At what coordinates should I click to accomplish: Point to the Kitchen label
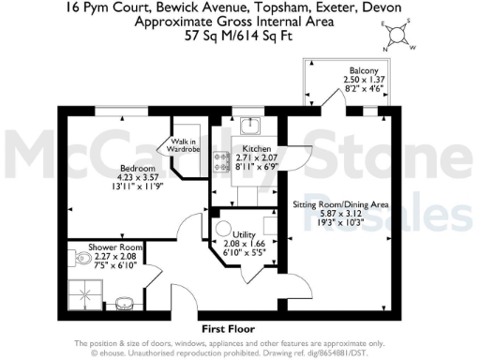pos(256,150)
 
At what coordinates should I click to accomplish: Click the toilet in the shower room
pos(76,261)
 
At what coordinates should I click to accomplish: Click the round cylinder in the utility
pos(222,229)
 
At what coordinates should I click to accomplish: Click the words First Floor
pos(229,330)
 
